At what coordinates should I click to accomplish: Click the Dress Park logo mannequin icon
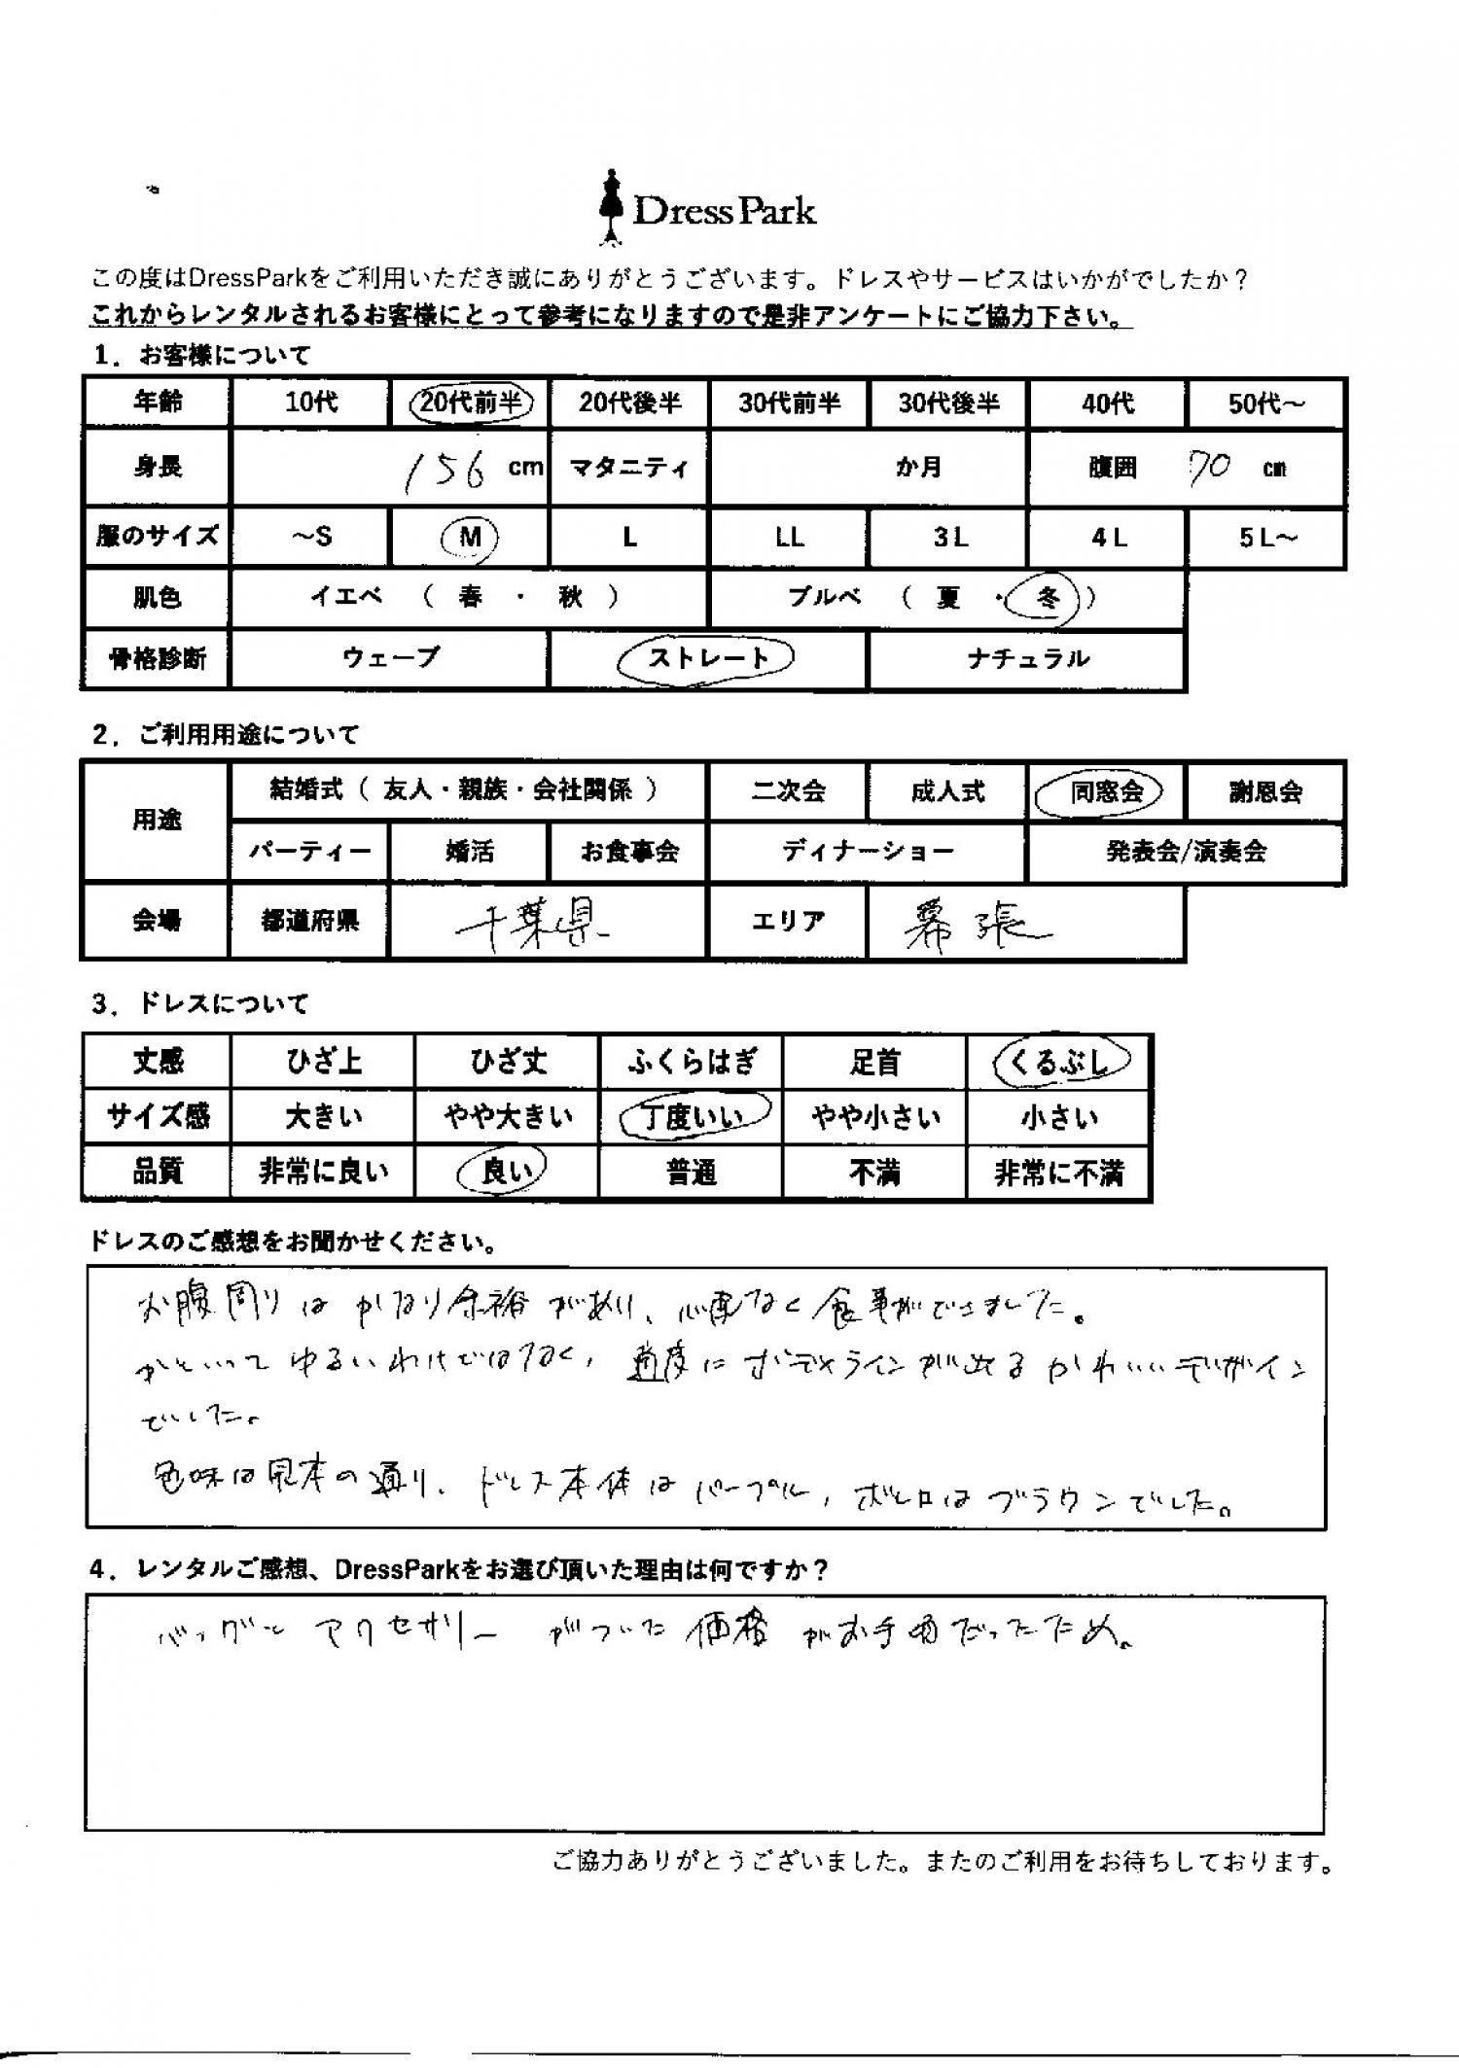coord(611,206)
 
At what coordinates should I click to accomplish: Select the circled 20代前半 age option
coord(471,403)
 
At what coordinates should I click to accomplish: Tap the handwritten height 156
coord(445,470)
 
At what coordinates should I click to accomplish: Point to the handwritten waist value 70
coord(1210,469)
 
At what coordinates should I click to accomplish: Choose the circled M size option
coord(470,537)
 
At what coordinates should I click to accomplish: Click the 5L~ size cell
coord(1266,538)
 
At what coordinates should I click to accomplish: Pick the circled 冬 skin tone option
coord(1046,598)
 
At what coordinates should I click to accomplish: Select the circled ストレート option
coord(707,658)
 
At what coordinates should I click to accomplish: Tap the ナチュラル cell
coord(1027,659)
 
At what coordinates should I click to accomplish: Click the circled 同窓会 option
coord(1106,791)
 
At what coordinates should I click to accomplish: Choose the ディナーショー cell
coord(867,853)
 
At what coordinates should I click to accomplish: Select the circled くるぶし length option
coord(1059,1062)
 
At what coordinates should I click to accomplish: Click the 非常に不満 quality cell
coord(1058,1174)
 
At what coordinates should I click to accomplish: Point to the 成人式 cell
coord(947,791)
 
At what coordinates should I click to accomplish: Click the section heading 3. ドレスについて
coord(200,1004)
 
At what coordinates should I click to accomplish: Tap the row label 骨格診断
coord(158,659)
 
